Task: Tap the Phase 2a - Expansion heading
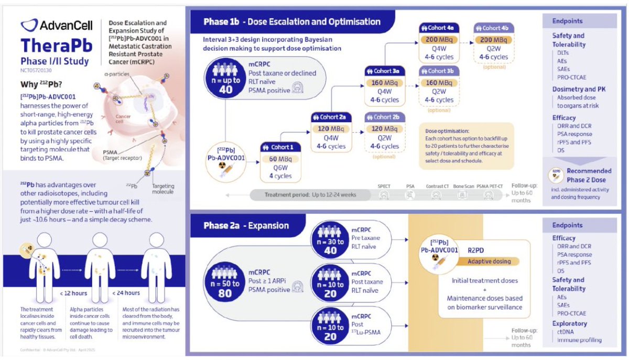246,226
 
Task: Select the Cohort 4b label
493,28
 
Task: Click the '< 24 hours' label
126,293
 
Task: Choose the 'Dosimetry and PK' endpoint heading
579,89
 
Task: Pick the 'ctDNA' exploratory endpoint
567,332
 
